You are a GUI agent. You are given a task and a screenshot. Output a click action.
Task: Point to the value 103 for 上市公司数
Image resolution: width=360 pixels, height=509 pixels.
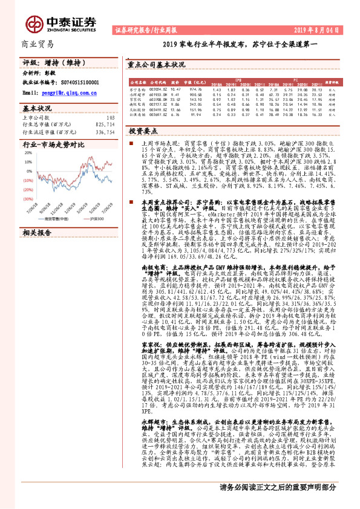click(x=110, y=117)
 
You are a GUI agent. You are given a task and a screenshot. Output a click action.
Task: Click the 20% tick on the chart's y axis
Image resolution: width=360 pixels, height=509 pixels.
click(x=28, y=154)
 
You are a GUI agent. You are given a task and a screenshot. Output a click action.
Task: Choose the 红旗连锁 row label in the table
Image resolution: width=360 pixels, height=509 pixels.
click(x=137, y=114)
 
